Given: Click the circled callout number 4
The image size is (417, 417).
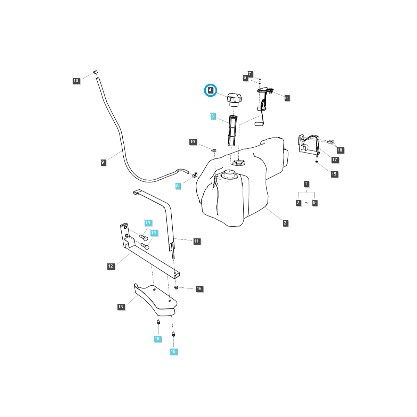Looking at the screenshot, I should click(x=210, y=90).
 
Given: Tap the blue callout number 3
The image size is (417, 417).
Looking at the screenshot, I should click(x=213, y=116).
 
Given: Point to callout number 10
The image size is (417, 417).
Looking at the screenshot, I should click(x=76, y=81).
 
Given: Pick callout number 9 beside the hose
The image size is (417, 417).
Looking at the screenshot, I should click(x=103, y=162).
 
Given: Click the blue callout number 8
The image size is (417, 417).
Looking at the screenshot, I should click(x=177, y=186).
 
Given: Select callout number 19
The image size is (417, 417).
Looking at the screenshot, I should click(x=193, y=142).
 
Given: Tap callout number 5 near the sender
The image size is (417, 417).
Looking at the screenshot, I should click(x=287, y=98).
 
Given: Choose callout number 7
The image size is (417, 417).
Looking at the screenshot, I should click(x=250, y=74).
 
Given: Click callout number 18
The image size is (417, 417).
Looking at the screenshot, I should click(x=340, y=150).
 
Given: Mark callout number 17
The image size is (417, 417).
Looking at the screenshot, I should click(x=335, y=160).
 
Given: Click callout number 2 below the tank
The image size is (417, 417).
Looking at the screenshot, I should click(x=285, y=223).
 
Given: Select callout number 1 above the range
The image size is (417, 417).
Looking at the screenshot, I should click(x=306, y=184).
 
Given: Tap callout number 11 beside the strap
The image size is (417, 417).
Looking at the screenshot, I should click(x=197, y=241).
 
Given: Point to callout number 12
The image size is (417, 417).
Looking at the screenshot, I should click(x=111, y=266).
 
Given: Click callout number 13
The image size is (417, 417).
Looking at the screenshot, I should click(x=121, y=307).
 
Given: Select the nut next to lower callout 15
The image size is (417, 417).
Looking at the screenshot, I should click(x=176, y=287).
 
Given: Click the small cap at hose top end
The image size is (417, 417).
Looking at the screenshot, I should click(x=95, y=72).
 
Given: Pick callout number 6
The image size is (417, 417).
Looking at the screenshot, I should click(x=245, y=77).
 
